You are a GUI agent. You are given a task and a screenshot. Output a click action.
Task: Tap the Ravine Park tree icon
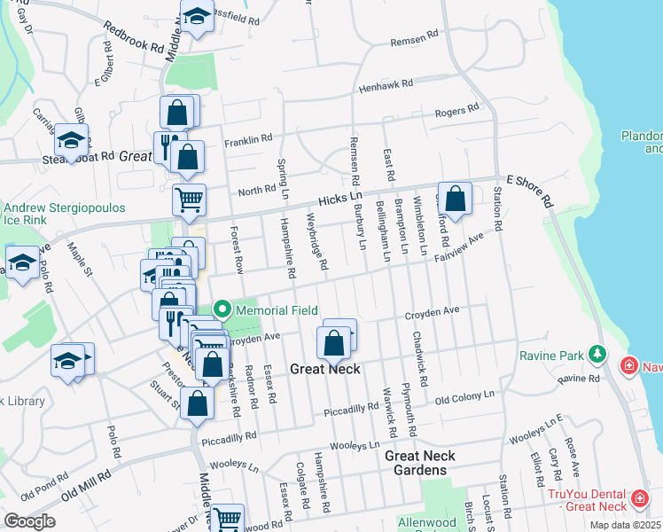click(599, 356)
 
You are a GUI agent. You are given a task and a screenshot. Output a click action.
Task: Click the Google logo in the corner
click(29, 521)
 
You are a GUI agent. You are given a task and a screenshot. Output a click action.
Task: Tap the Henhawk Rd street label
click(386, 85)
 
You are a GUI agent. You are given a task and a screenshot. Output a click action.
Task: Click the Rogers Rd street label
click(456, 110)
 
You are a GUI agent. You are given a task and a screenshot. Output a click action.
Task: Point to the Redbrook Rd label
click(133, 36)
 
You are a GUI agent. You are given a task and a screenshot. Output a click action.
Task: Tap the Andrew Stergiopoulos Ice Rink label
click(64, 214)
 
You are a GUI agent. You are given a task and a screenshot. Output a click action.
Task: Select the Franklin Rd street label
click(247, 140)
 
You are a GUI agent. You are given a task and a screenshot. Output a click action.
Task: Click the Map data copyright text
click(625, 525)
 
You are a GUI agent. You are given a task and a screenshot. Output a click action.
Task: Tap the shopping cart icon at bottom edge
click(228, 517)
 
